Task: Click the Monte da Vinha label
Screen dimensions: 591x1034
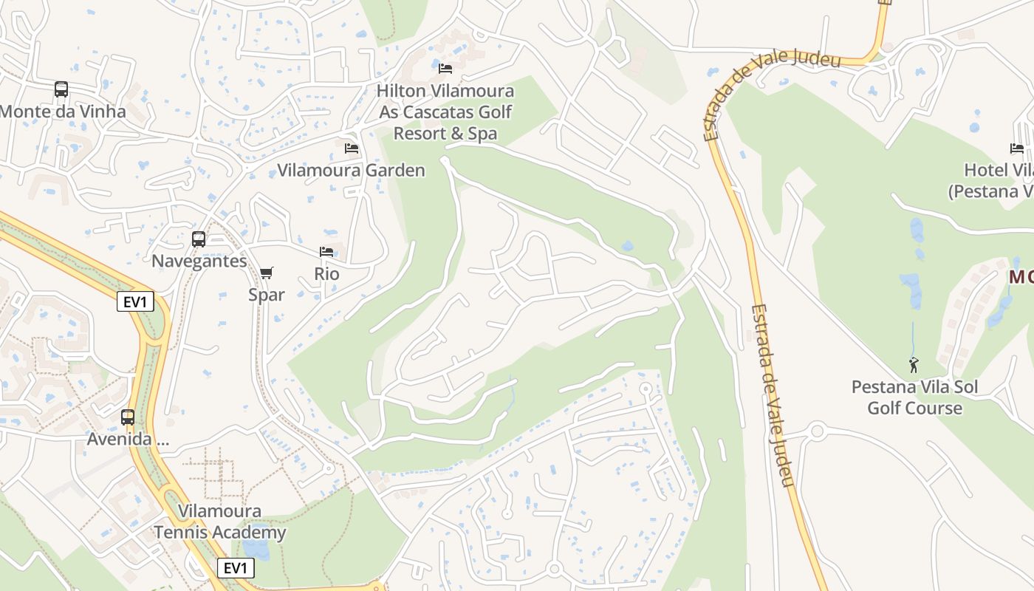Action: [63, 112]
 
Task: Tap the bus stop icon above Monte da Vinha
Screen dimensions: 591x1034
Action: [61, 89]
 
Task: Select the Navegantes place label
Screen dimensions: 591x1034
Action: [199, 262]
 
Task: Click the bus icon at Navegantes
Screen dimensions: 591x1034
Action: [199, 239]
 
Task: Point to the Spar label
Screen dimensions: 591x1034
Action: [266, 295]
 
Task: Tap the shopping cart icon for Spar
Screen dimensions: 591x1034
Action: [267, 273]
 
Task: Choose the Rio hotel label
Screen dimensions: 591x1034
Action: [326, 274]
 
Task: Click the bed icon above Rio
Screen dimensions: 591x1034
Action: [326, 252]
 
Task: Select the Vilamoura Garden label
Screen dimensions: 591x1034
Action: [351, 171]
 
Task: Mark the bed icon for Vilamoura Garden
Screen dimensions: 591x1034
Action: [352, 148]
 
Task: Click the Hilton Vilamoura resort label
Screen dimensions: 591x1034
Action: [445, 112]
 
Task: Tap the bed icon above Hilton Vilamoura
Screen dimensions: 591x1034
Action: [445, 69]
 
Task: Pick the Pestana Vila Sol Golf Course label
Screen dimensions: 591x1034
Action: [914, 397]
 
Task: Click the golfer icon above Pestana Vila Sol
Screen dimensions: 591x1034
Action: [914, 364]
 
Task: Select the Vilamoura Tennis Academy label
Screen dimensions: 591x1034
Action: [219, 522]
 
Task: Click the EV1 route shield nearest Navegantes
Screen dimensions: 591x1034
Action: [135, 301]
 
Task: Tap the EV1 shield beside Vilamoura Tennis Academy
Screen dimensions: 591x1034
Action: [236, 568]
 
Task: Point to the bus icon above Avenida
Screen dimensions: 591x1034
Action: [128, 417]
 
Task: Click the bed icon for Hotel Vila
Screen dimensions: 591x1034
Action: [1017, 148]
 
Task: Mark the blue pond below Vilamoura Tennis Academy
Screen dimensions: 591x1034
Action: [256, 550]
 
